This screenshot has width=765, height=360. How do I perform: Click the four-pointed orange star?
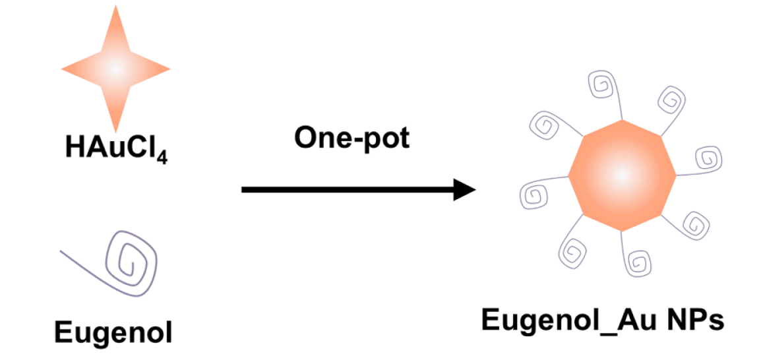[x=115, y=68]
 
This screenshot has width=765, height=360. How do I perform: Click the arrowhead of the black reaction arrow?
[x=466, y=190]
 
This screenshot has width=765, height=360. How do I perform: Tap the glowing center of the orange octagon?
[x=621, y=175]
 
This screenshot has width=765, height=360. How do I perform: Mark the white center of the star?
[x=115, y=68]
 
